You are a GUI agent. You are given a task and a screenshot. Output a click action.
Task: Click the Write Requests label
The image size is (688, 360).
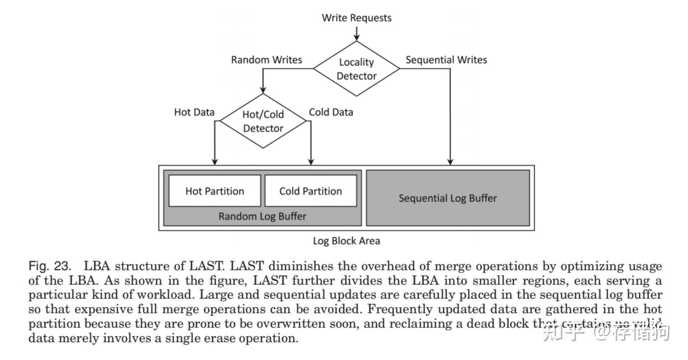tap(356, 18)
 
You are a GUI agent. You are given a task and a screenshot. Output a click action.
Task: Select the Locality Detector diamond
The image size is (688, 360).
tap(356, 69)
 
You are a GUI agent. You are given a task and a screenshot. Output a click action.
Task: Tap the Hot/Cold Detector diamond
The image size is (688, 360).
tap(263, 121)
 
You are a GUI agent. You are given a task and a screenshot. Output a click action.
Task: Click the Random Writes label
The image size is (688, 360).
tap(266, 60)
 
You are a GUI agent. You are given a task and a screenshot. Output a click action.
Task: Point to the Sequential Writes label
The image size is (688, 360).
tap(446, 60)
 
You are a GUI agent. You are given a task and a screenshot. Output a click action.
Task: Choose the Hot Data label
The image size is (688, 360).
tap(194, 112)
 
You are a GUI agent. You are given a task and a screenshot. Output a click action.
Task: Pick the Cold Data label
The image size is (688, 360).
tap(331, 112)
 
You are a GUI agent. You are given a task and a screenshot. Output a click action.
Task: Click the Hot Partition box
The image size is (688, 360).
tap(214, 191)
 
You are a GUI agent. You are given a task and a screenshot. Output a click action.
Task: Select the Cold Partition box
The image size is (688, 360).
tap(311, 191)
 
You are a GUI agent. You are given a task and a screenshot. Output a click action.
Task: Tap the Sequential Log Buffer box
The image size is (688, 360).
tap(448, 198)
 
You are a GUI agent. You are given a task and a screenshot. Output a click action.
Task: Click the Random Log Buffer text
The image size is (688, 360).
tap(262, 217)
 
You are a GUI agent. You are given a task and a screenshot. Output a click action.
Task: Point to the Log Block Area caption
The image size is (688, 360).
tap(346, 241)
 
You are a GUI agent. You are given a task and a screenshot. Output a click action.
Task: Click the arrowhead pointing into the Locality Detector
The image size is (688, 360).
tap(356, 37)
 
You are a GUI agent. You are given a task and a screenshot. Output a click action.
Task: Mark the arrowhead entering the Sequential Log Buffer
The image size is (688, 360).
tap(450, 161)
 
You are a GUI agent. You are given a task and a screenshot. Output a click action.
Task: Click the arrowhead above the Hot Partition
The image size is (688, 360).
tap(215, 161)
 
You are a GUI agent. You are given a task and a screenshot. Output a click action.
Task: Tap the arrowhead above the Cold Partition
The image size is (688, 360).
tap(311, 161)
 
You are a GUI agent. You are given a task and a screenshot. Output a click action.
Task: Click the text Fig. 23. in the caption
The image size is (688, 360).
tap(50, 266)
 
